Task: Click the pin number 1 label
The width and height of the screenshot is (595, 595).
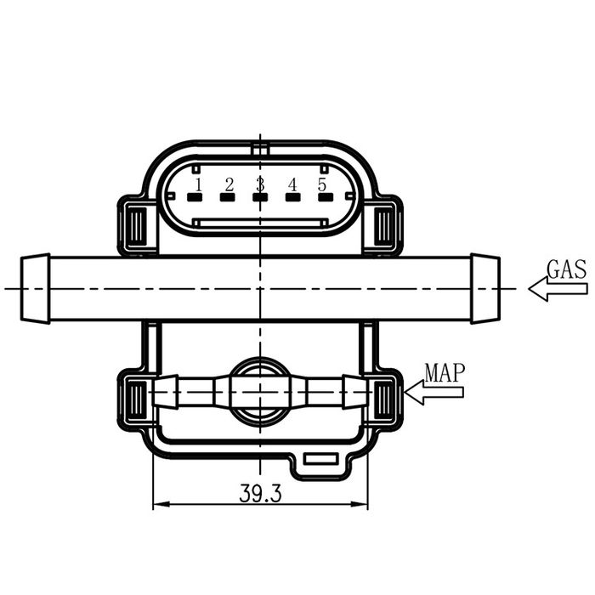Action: click(197, 184)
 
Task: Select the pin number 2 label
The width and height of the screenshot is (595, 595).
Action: click(229, 184)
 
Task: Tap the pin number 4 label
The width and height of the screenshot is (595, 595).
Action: click(292, 184)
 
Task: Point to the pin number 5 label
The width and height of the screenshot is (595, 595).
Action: click(322, 184)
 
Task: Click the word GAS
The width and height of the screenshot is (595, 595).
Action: click(566, 270)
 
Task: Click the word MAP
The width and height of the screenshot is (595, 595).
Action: click(445, 372)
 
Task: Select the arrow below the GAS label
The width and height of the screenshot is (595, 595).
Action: click(558, 289)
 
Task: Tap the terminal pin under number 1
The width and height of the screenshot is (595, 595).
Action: click(195, 198)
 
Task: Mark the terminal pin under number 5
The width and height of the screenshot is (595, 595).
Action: click(326, 198)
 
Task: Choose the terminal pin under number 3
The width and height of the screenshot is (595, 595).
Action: click(260, 198)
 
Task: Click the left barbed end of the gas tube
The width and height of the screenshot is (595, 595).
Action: click(35, 289)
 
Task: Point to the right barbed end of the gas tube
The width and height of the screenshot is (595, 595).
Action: click(485, 289)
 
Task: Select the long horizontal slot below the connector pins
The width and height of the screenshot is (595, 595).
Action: click(260, 223)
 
